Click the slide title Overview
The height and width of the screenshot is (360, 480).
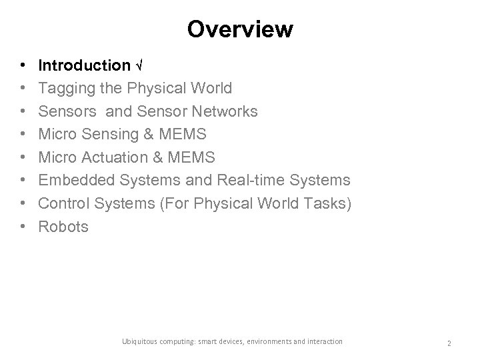click(x=239, y=29)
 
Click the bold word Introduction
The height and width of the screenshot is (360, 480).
click(x=85, y=65)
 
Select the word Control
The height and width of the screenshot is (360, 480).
click(x=63, y=204)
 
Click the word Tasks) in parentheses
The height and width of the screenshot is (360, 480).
click(x=327, y=204)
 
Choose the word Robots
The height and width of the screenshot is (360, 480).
click(x=63, y=227)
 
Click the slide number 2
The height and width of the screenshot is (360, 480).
click(x=449, y=343)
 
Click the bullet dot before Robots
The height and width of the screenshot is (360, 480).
click(x=24, y=227)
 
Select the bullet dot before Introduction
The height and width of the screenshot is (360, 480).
click(x=24, y=65)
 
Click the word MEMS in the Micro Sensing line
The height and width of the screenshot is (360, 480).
click(x=183, y=135)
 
